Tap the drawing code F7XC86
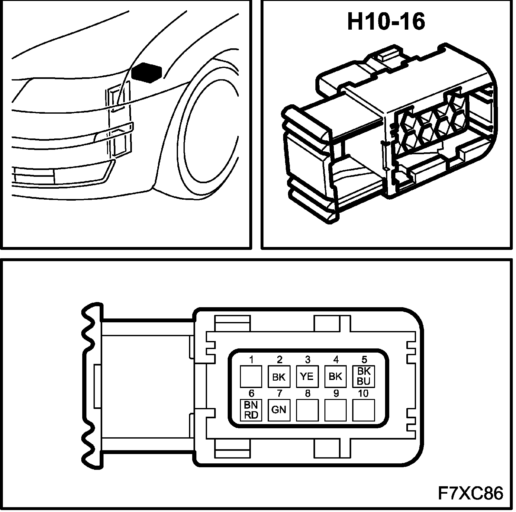click(470, 494)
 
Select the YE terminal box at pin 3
click(307, 376)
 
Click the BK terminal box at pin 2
click(279, 376)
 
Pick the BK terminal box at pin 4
click(335, 376)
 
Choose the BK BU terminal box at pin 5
click(363, 376)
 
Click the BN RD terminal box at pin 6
click(251, 410)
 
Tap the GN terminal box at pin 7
click(279, 410)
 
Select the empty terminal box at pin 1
click(251, 376)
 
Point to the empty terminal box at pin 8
click(307, 410)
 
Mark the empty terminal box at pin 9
click(335, 410)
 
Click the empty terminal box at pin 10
click(363, 410)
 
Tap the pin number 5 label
click(364, 359)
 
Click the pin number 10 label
click(363, 393)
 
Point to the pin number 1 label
click(251, 359)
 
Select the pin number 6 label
click(251, 393)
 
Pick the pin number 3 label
click(308, 359)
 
